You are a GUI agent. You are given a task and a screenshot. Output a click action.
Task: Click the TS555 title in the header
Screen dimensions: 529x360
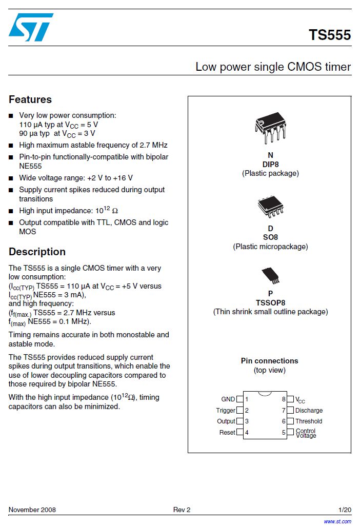tap(329, 35)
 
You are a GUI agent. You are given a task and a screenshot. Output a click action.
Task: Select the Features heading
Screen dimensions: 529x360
tap(30, 99)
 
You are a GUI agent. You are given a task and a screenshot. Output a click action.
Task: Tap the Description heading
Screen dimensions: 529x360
tap(37, 252)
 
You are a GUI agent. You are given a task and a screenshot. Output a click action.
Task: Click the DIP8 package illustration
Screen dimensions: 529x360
tap(270, 128)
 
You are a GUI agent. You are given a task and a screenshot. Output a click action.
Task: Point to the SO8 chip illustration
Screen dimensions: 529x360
tap(270, 208)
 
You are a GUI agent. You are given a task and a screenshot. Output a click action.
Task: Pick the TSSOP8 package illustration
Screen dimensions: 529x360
tap(270, 275)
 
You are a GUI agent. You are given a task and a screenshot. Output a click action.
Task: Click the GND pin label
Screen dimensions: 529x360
tap(228, 399)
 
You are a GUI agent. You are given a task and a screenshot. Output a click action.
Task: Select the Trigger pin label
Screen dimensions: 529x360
tap(226, 411)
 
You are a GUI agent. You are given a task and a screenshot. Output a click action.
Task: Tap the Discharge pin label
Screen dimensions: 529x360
tap(309, 411)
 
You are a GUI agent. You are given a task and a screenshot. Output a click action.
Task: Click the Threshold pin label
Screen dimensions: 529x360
tap(309, 421)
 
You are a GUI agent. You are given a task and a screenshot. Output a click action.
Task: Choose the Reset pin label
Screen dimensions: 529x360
tap(227, 433)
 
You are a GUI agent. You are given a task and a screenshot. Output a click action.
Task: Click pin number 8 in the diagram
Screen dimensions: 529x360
tap(284, 399)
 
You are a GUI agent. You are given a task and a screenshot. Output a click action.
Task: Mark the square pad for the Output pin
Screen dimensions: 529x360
tap(239, 421)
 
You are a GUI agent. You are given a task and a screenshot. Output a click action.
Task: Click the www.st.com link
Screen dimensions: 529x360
tap(337, 521)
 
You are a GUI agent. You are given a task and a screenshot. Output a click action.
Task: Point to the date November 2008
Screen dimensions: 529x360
tap(32, 510)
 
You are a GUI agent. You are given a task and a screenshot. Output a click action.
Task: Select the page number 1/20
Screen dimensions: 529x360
tap(345, 510)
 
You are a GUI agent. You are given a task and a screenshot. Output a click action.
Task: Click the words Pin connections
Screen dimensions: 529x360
tap(269, 361)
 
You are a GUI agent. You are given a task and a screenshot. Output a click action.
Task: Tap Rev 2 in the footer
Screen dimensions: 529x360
tap(182, 510)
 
